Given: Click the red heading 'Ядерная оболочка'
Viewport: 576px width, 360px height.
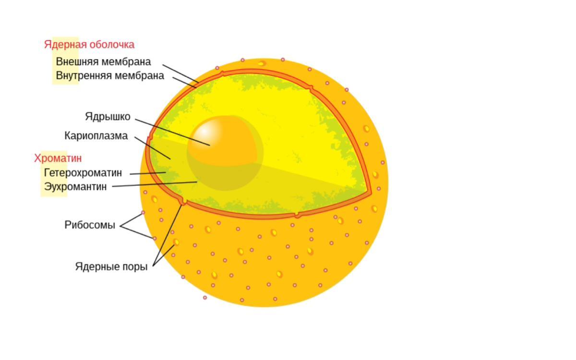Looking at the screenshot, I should (x=89, y=45).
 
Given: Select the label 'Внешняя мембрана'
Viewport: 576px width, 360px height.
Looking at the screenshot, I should (x=103, y=61).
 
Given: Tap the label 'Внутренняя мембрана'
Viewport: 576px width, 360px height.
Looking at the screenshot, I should (x=110, y=75).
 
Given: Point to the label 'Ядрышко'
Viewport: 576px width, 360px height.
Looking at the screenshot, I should (x=108, y=117).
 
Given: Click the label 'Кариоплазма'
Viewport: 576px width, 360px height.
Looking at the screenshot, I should (x=96, y=136).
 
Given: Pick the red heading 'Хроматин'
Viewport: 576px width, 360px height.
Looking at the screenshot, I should (x=58, y=158).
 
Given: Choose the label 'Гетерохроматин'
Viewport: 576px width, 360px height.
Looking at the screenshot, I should (x=83, y=172).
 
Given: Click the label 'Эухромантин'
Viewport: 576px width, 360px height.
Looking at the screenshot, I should (x=75, y=186).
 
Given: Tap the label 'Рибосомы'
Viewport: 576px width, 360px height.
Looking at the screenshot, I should (x=90, y=225).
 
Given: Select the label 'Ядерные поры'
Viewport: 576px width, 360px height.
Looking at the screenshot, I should (x=111, y=266).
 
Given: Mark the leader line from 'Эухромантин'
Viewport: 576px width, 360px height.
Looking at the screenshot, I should (x=154, y=184).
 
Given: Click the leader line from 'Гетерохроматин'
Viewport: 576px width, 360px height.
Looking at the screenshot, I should (x=148, y=173).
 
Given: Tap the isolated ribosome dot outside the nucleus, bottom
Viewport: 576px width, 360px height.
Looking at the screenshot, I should (x=205, y=298).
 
